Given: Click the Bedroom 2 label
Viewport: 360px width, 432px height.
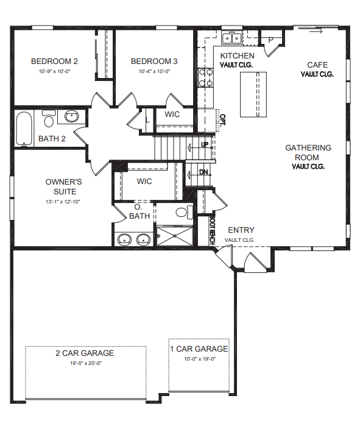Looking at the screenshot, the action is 54,61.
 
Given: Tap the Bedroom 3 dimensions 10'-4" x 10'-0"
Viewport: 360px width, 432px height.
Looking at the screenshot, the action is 154,71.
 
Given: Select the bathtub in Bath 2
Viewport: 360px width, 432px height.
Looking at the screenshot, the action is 23,129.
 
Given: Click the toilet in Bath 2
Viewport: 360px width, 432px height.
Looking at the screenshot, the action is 49,118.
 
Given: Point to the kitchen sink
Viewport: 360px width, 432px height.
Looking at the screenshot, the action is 231,38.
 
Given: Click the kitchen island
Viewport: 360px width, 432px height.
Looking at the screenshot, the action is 253,94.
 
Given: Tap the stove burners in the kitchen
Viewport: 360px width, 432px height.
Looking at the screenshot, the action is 206,77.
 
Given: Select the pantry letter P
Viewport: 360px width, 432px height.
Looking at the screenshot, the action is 270,40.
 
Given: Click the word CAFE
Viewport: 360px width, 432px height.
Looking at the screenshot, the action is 317,65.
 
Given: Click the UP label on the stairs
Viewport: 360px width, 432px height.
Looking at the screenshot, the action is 205,144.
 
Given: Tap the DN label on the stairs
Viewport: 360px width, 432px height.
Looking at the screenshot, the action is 203,172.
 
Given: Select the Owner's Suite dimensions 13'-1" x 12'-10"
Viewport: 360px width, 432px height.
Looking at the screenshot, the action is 63,202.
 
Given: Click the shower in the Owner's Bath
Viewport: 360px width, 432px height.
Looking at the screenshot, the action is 174,236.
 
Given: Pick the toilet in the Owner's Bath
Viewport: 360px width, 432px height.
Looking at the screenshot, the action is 185,212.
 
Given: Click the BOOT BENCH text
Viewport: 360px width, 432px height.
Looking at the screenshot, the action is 212,230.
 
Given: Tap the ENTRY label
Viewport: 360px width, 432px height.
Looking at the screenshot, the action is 241,230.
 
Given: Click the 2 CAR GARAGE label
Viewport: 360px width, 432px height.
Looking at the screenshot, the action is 85,353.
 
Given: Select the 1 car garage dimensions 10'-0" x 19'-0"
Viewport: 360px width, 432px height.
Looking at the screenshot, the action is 200,359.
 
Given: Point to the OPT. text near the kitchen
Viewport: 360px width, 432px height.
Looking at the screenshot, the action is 222,120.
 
